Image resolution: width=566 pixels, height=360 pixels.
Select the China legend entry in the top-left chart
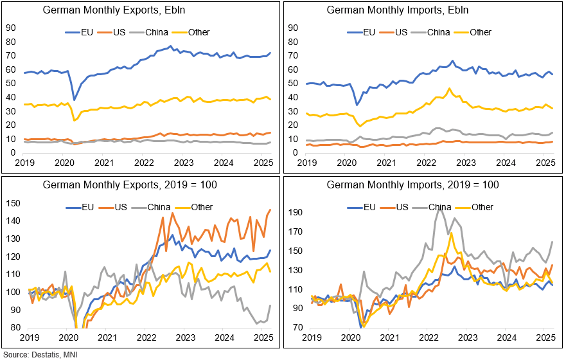click(x=143, y=32)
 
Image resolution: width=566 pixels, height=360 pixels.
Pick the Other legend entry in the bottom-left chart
click(x=194, y=207)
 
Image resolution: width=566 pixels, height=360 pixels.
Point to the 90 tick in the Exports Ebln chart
click(x=11, y=28)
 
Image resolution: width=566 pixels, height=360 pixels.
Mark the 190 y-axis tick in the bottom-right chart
click(x=296, y=212)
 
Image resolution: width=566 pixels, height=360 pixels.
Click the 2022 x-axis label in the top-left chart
click(x=146, y=163)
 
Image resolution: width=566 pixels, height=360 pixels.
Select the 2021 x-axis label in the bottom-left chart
click(x=107, y=337)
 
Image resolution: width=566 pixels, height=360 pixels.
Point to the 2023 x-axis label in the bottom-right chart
click(x=468, y=337)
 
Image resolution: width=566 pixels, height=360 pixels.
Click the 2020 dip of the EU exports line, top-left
click(x=75, y=100)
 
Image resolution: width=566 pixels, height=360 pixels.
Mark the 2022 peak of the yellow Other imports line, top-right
click(x=449, y=89)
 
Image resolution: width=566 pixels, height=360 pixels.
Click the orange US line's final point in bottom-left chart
click(x=270, y=210)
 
